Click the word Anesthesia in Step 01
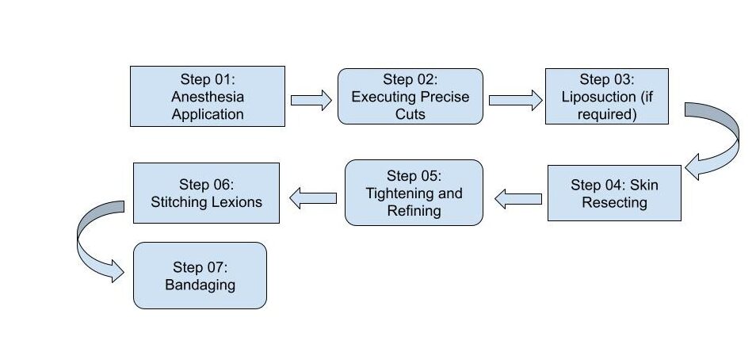tap(208, 97)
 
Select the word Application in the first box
tap(208, 114)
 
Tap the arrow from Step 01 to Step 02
tap(311, 100)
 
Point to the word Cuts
tap(410, 114)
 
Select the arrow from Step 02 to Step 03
tap(515, 100)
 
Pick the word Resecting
tap(614, 202)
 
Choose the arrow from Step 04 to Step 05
tap(517, 199)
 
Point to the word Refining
tap(414, 211)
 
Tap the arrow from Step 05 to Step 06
tap(313, 198)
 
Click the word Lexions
tap(237, 201)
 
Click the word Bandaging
tap(200, 285)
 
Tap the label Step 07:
tap(200, 267)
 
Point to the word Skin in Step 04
tap(643, 185)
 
